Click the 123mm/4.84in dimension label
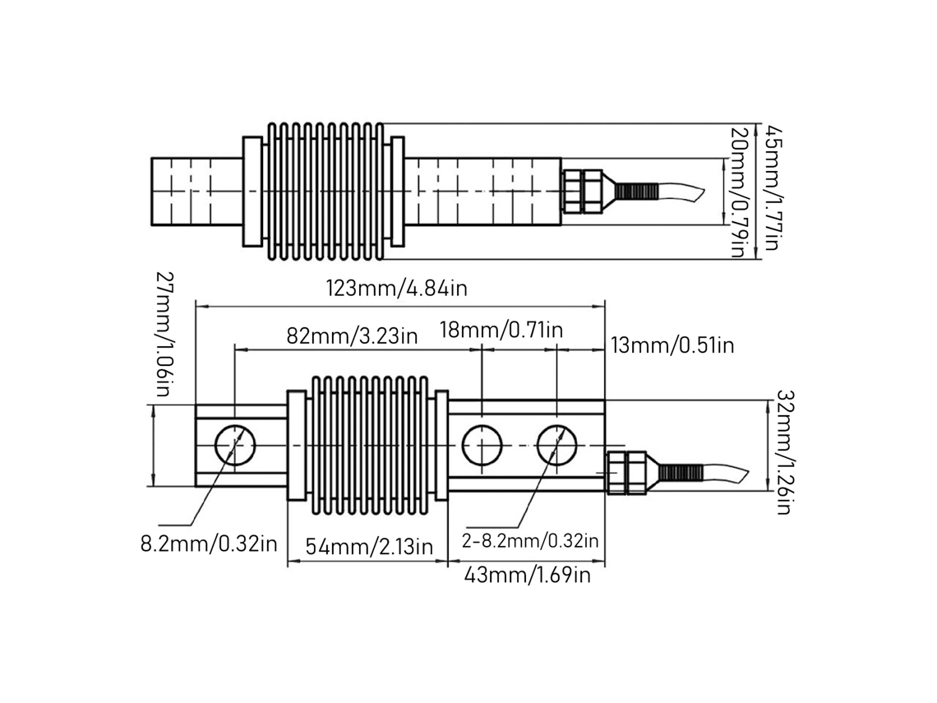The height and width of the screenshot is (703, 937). click(397, 289)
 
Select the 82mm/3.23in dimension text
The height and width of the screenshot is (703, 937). click(352, 335)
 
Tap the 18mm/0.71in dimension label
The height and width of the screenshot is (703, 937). click(501, 330)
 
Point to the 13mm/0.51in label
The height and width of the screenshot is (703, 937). click(672, 345)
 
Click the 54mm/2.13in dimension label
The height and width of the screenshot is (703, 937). click(369, 547)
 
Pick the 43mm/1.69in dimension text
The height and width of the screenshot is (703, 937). click(528, 575)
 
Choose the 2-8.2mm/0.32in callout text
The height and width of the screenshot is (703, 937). click(530, 541)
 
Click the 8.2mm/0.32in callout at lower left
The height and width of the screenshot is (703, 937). click(209, 544)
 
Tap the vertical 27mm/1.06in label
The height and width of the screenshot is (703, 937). click(163, 335)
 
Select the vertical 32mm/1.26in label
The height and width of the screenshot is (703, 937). click(785, 452)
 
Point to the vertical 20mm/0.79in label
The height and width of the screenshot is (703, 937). click(739, 192)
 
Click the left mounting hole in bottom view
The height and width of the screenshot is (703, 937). click(235, 446)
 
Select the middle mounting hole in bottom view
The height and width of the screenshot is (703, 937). click(482, 446)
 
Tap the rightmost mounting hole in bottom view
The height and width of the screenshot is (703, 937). click(557, 446)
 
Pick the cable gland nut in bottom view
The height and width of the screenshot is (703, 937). click(626, 473)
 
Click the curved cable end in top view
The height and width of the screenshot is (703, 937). click(682, 192)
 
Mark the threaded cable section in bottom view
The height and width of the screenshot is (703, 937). click(680, 473)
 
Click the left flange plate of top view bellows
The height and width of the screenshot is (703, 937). click(252, 192)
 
